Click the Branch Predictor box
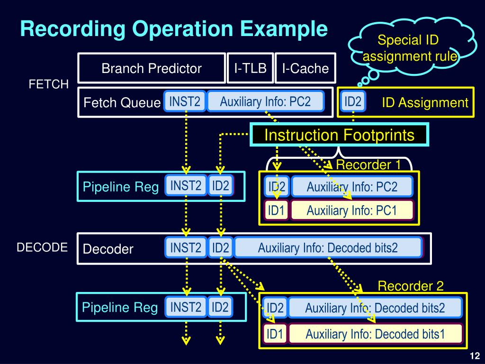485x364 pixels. tap(152, 68)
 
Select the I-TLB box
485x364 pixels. tap(250, 68)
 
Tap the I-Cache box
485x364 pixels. tap(305, 68)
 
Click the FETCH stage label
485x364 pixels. tap(49, 84)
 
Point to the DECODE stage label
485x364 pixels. tap(42, 247)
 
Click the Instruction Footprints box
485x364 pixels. tap(339, 135)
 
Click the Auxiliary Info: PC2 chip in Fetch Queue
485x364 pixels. tap(265, 101)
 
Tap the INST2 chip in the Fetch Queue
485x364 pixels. tap(185, 101)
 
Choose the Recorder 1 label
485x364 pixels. tap(368, 164)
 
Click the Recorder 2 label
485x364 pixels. tap(411, 286)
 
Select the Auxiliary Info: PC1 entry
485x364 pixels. tap(351, 210)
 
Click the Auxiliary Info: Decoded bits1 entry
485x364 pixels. tap(375, 334)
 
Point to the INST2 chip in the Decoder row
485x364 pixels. tap(186, 247)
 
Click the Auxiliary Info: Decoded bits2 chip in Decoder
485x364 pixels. tap(328, 247)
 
